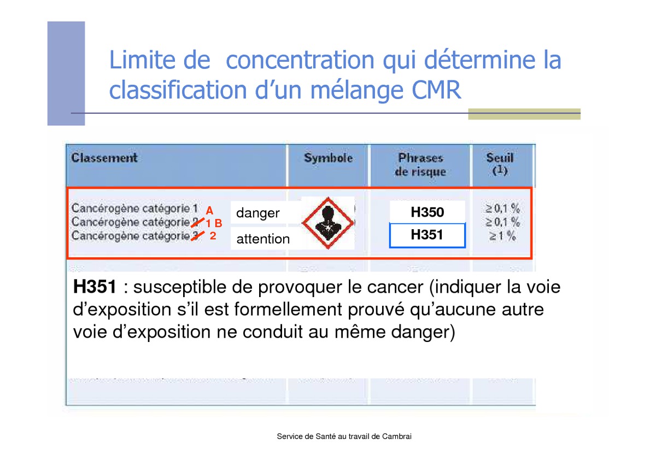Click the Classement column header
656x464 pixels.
[x=104, y=158]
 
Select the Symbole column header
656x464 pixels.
[x=329, y=158]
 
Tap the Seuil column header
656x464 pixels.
[x=500, y=164]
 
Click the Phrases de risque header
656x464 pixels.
[x=420, y=165]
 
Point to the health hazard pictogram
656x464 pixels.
[x=328, y=223]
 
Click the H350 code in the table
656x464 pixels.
[x=427, y=212]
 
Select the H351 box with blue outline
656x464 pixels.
[x=427, y=235]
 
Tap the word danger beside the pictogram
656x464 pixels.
[x=257, y=213]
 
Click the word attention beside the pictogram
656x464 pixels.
[x=263, y=239]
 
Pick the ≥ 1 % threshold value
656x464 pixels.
[x=502, y=236]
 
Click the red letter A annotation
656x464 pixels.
[x=209, y=211]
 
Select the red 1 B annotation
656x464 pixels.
[x=214, y=223]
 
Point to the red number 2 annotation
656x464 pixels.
[x=213, y=236]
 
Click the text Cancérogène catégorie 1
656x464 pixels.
[x=134, y=208]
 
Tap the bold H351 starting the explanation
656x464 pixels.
[x=95, y=286]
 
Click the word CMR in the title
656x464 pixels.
[x=436, y=90]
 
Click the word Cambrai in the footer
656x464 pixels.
[x=396, y=437]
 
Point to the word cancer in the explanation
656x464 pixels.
[x=395, y=287]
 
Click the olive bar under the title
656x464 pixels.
[x=524, y=114]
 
